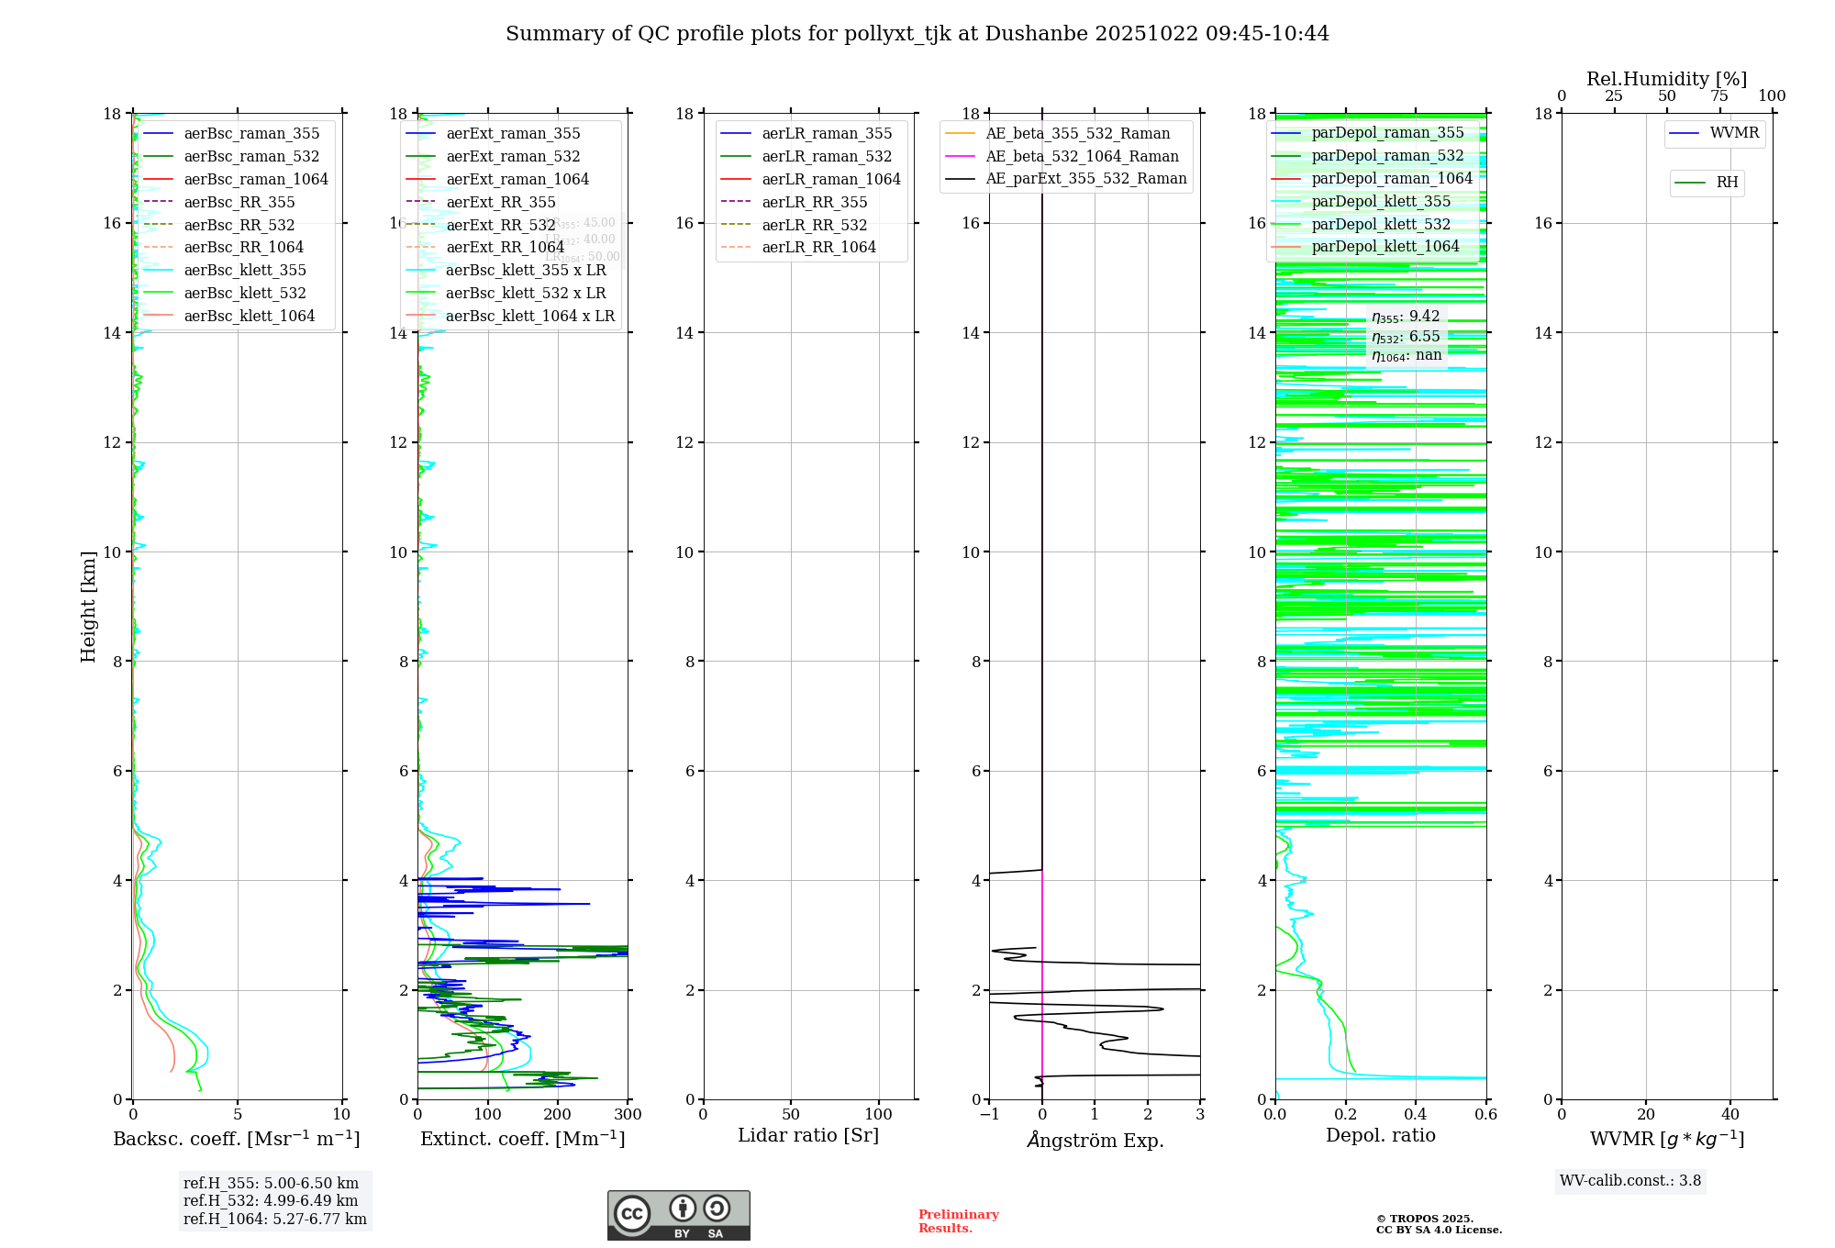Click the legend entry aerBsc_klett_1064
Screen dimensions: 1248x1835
249,316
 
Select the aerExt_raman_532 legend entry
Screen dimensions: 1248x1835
513,156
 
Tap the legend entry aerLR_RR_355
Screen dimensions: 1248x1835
814,202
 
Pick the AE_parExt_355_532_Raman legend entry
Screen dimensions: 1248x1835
1085,179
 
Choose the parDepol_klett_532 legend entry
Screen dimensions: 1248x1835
1381,224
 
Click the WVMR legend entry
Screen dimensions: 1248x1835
1734,133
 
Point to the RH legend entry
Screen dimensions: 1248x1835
1727,183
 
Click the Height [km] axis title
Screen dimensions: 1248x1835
88,606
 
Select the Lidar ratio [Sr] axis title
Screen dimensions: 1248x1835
808,1135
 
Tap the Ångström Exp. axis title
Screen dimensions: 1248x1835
1095,1141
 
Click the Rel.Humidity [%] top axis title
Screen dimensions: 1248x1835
1666,79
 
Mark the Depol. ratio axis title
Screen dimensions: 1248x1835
1380,1135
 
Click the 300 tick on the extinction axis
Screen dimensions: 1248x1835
628,1115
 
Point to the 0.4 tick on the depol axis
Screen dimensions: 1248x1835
1416,1115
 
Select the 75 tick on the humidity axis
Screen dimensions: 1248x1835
1718,96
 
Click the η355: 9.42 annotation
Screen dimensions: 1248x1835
1406,317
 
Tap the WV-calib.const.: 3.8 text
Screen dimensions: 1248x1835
1630,1181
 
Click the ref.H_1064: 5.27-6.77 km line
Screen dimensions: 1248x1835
275,1220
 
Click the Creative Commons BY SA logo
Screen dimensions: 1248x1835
678,1215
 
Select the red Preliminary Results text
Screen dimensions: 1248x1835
958,1221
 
